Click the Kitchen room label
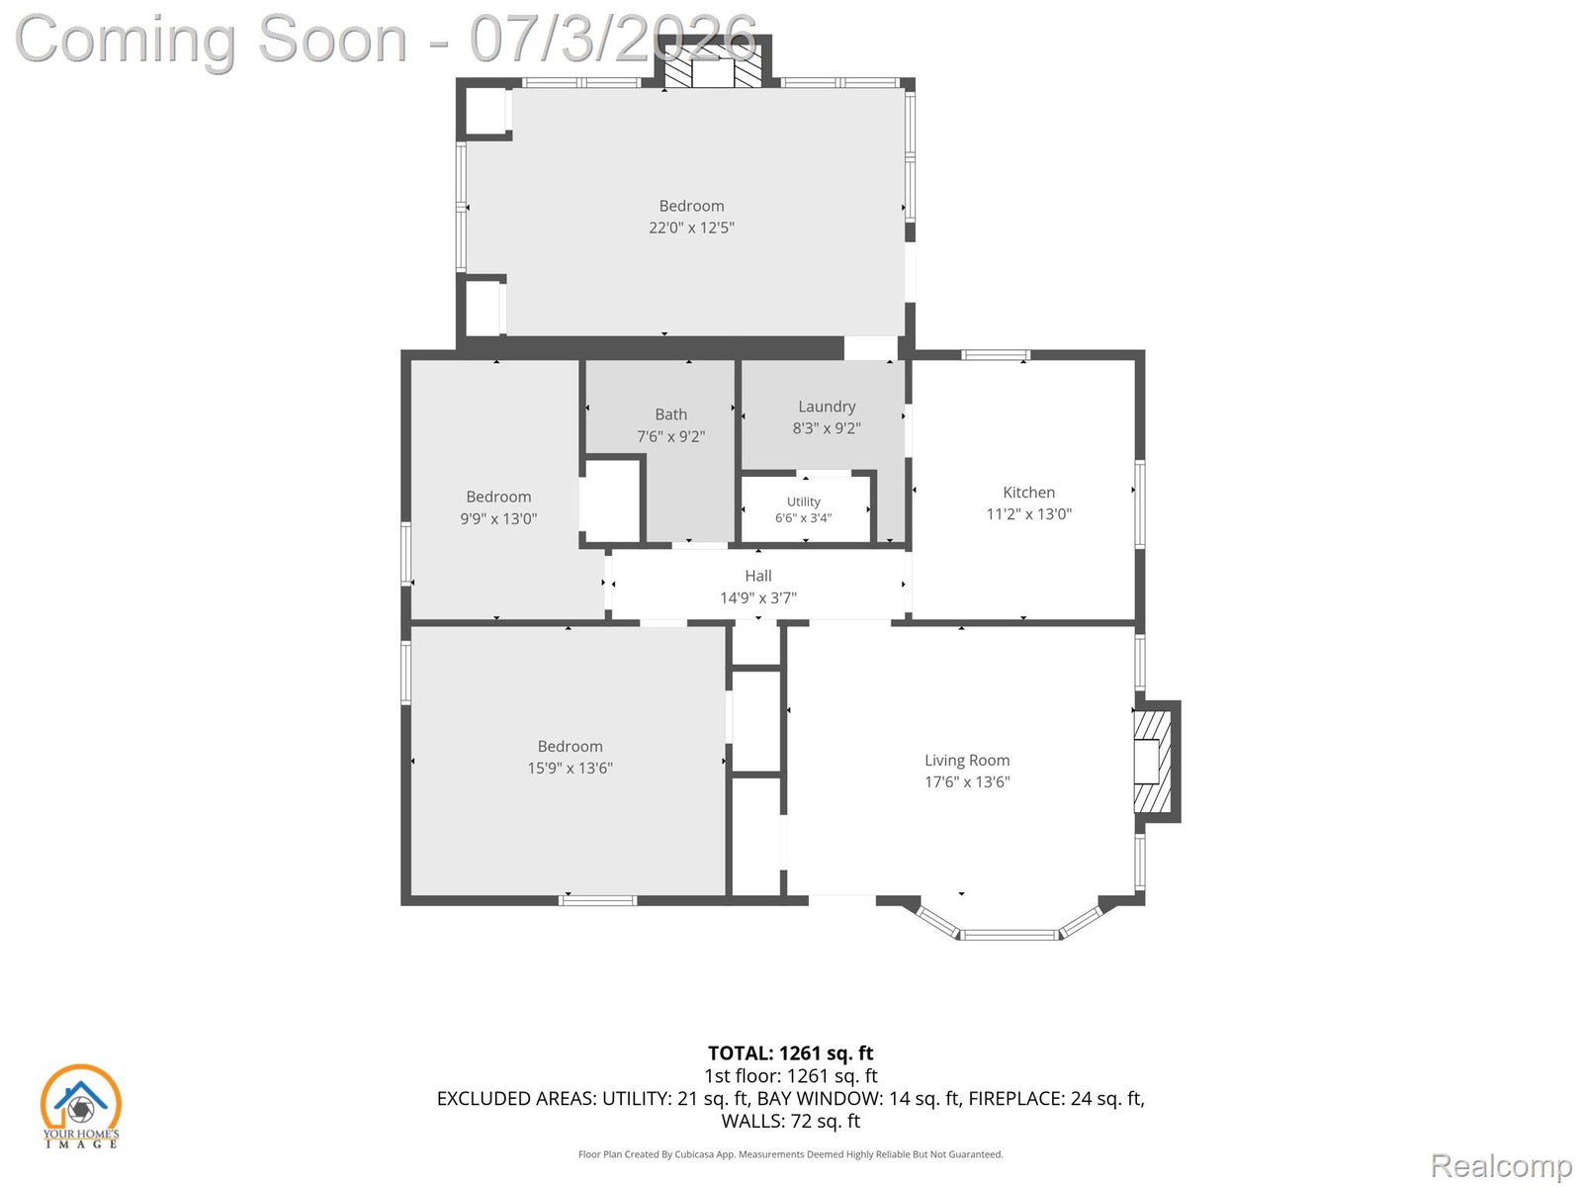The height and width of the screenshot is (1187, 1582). coord(1028,493)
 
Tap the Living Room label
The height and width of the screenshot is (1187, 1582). coord(966,760)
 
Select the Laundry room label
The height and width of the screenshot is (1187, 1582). coord(827,407)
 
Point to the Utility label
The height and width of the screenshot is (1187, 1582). coord(803,502)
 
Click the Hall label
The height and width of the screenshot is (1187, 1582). coord(758,576)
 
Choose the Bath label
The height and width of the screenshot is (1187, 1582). coord(671,414)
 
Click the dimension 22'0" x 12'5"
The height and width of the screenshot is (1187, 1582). coord(691,228)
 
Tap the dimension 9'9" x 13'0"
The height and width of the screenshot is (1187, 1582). coord(498,519)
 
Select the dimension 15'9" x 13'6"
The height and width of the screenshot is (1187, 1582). coord(571,769)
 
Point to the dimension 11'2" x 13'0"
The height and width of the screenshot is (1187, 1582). coord(1028,513)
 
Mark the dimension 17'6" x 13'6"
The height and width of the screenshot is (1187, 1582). coord(967,782)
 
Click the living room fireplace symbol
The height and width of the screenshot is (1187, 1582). coord(1155,761)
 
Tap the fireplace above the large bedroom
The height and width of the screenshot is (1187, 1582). coord(712,62)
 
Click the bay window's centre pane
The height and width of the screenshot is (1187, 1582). coord(1010,936)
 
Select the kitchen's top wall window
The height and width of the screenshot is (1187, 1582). coord(996,354)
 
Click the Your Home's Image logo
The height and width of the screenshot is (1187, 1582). coord(80,1106)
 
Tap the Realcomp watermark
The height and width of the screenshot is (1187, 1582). coord(1501,1165)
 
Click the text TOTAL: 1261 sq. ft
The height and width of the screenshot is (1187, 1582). coord(791,1053)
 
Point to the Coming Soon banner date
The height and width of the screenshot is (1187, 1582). coord(613,39)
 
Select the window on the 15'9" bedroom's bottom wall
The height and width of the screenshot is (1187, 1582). coord(598,900)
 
